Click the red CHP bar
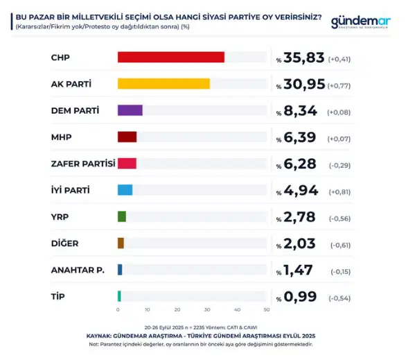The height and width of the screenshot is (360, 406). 171,57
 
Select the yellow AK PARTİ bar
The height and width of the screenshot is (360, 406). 164,84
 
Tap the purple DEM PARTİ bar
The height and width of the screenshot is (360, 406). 130,110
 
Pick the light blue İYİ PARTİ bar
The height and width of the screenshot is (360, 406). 125,190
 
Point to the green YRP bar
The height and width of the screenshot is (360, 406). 122,216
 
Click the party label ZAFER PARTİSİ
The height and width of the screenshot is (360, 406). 83,164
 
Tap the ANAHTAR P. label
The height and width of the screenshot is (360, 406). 78,270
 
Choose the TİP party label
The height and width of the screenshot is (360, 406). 59,296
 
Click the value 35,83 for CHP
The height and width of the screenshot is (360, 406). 304,58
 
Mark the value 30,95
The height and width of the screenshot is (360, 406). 304,85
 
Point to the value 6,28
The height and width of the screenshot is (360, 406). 300,164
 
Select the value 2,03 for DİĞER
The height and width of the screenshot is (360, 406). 300,243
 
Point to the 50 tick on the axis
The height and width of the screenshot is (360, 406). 267,309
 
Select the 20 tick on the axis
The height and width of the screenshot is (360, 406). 177,309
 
